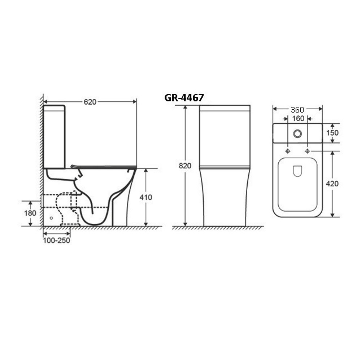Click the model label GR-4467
click(184, 98)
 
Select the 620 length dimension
click(90, 102)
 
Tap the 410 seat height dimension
click(146, 197)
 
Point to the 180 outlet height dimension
click(30, 213)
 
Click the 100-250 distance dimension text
click(56, 240)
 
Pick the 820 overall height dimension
click(185, 166)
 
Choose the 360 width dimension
click(297, 110)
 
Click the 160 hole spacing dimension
click(298, 119)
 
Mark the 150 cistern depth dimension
click(332, 133)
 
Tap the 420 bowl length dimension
click(332, 184)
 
